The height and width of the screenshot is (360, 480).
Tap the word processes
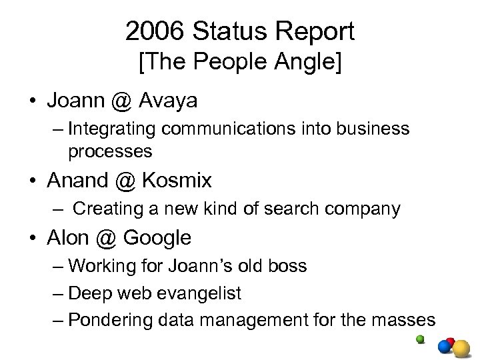pyautogui.click(x=110, y=151)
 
